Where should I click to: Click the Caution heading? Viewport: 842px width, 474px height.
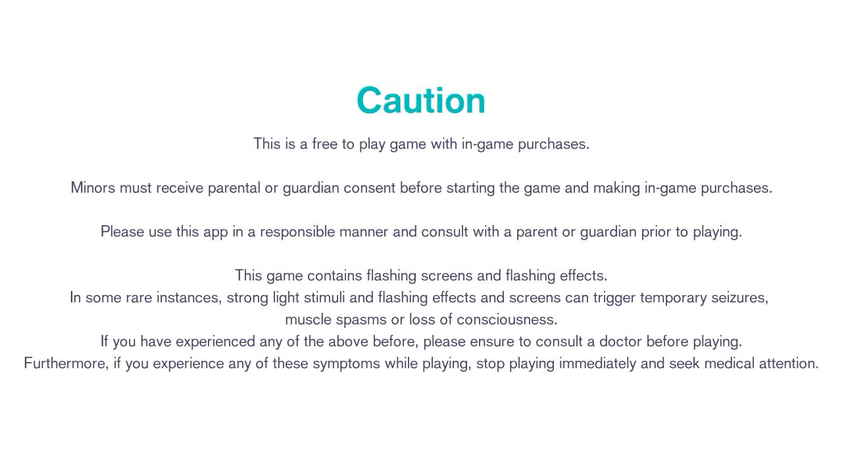point(421,100)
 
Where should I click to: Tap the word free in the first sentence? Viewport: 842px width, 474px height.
point(325,144)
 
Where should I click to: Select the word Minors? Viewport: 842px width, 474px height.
point(93,188)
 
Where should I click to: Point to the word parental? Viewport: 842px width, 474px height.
point(234,188)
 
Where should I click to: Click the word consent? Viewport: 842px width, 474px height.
point(369,188)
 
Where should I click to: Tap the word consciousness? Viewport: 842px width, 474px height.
point(507,320)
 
